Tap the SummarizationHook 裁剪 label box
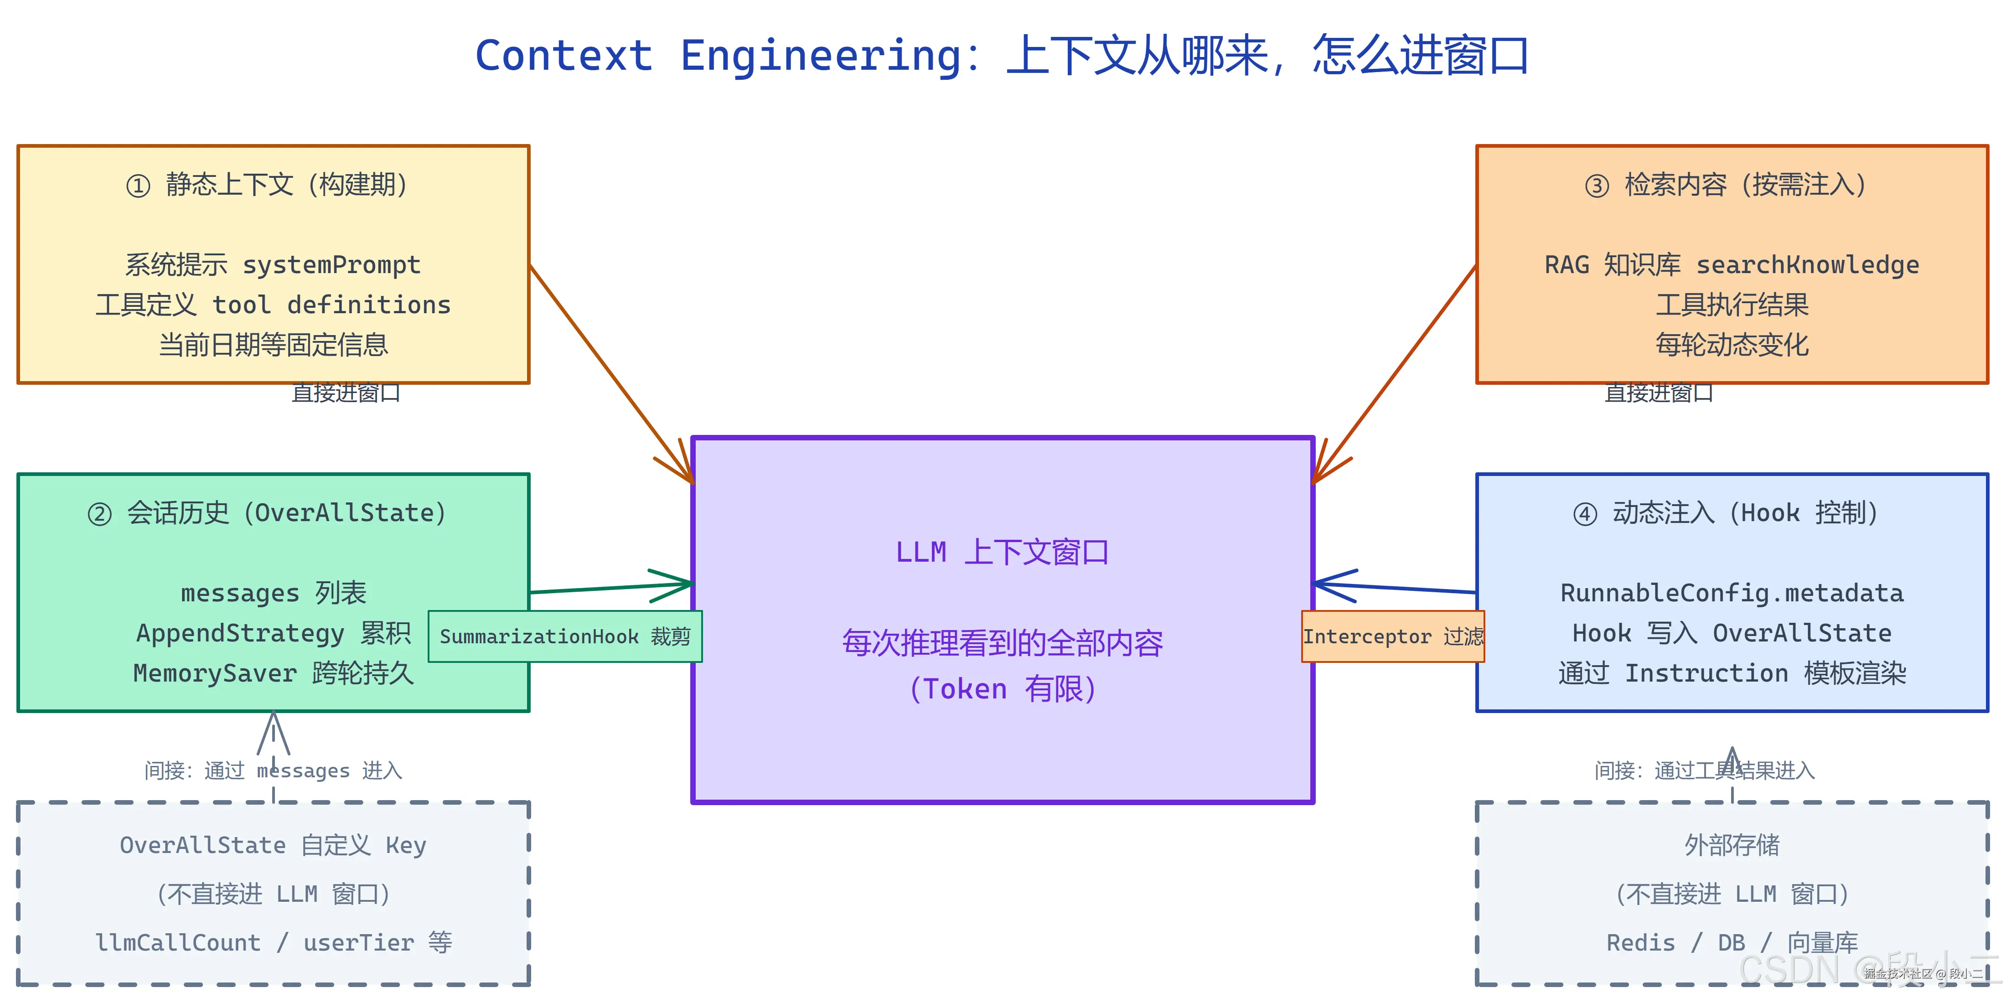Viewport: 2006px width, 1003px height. click(565, 636)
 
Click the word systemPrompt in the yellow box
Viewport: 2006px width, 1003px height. click(332, 265)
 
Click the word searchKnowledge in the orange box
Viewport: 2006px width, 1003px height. click(1807, 265)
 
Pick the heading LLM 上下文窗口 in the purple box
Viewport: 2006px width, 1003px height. click(1002, 552)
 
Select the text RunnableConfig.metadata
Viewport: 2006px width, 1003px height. click(1732, 594)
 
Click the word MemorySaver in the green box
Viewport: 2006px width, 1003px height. click(215, 673)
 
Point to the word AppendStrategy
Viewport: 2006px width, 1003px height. click(240, 633)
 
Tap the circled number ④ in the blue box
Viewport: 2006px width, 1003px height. click(1585, 514)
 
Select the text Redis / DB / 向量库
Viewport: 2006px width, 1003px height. click(1732, 942)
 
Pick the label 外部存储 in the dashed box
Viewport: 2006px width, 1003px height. click(1732, 845)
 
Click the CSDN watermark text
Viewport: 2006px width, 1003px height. click(1791, 970)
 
